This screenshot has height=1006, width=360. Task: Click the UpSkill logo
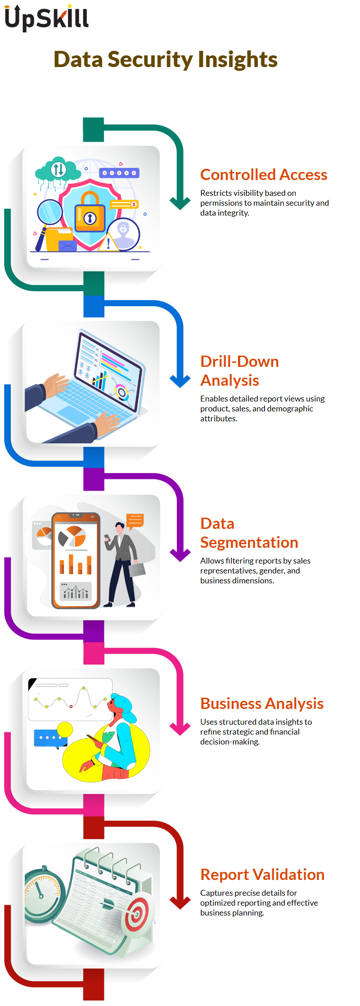pos(47,18)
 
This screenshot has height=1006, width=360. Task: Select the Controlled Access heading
pos(264,175)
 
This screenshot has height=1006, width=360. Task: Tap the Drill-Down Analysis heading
pos(239,371)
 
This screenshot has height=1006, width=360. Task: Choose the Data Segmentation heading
pos(249,533)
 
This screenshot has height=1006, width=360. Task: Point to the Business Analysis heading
pos(262,704)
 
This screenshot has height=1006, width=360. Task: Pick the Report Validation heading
pos(262,875)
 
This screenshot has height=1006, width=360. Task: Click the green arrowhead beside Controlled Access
pos(180,203)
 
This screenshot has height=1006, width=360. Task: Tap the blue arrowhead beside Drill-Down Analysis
pos(180,381)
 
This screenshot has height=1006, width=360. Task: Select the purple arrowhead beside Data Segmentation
pos(180,555)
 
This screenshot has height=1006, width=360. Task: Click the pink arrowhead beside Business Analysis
pos(180,728)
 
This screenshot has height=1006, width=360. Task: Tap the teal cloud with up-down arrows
pos(58,170)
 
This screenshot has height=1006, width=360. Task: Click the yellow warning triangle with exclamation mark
pos(108,242)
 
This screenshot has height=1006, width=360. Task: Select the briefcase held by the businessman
pos(137,569)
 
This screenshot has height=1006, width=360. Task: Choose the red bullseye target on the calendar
pos(137,914)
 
